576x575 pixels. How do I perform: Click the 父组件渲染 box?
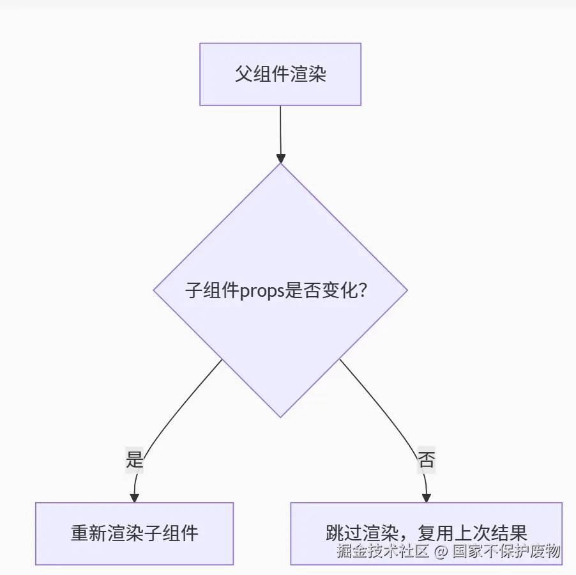coord(280,74)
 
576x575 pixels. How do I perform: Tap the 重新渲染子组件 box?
coord(134,533)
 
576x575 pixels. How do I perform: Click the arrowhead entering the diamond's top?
coord(280,157)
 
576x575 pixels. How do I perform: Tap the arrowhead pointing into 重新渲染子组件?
coord(134,497)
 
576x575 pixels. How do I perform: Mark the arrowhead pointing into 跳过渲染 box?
coord(427,497)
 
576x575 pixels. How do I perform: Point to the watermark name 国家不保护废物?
coord(506,551)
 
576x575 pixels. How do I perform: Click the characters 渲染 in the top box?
coord(311,74)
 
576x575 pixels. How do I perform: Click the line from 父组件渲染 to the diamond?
coord(280,128)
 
